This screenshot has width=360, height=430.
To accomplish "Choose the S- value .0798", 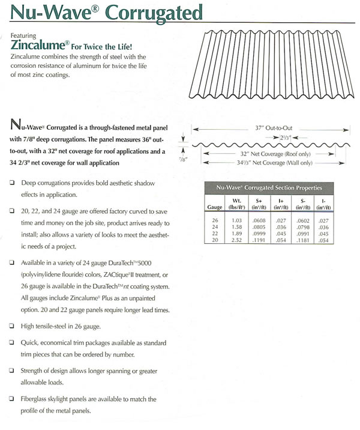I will point(307,228).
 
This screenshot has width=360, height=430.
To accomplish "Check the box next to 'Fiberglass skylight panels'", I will point(13,399).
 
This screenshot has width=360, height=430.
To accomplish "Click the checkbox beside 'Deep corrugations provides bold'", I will point(13,182).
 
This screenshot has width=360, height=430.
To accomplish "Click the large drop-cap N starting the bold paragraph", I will point(17,126).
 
